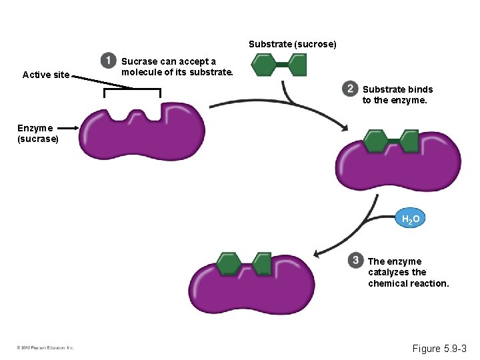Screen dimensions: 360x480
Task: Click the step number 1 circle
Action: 108,61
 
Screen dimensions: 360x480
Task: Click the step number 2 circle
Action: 350,89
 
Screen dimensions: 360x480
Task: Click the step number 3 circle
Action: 356,260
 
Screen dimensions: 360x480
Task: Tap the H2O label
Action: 411,219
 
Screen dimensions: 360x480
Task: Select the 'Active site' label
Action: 46,75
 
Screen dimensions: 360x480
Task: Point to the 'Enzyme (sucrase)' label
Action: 38,133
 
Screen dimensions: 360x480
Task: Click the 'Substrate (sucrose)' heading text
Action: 293,44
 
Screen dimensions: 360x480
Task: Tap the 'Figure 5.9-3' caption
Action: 440,349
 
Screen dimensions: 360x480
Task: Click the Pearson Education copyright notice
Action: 45,347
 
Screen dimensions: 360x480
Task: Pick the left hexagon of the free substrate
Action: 263,65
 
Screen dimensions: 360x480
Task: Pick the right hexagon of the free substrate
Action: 297,65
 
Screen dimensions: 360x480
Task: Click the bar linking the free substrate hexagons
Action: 281,65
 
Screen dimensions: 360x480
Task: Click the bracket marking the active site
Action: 132,92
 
